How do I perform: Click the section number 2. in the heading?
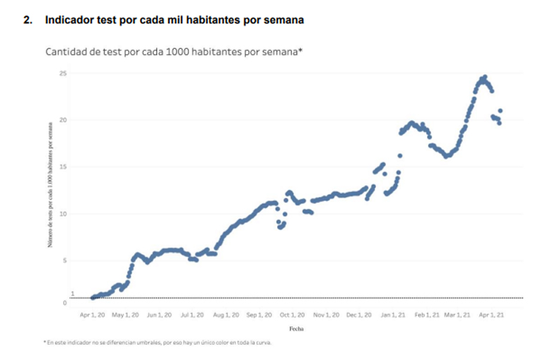point(27,21)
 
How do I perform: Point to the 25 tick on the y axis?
point(63,73)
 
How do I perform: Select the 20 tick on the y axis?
point(63,120)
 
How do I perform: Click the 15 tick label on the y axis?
point(63,167)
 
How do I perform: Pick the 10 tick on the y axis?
point(63,214)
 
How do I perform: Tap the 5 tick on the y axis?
point(64,261)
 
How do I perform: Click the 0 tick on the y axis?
point(64,303)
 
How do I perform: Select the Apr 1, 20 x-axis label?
point(93,316)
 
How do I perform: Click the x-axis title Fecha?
point(297,328)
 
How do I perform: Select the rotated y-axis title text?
point(50,186)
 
